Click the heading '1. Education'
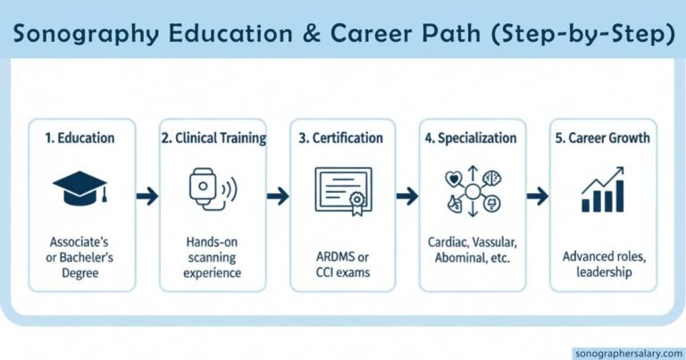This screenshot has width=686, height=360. point(80,138)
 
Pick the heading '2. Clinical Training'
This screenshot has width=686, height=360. point(213,138)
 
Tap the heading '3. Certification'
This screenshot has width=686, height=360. point(343,138)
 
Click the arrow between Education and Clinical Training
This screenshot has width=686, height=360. point(146,196)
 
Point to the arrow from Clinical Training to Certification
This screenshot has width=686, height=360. point(278,196)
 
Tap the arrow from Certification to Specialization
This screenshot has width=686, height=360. point(407,196)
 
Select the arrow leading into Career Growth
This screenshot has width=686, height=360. point(538,196)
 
